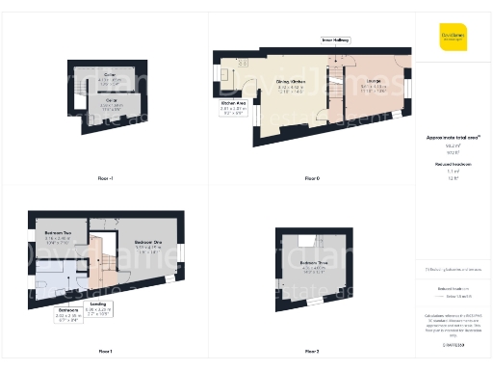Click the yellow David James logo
pos(454,38)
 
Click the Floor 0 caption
pos(311,178)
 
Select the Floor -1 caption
pos(106,178)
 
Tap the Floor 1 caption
pos(105,351)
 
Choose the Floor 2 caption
pos(311,351)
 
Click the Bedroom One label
pos(146,243)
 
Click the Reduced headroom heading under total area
pos(451,165)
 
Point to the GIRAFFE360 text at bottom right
pos(454,344)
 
